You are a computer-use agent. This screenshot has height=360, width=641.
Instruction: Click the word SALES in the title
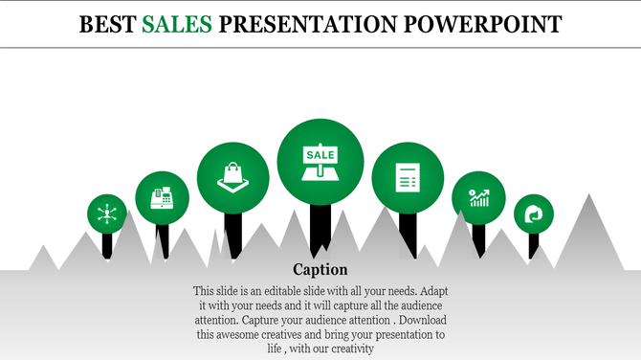(178, 22)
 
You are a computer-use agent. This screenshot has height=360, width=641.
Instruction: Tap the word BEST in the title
(108, 22)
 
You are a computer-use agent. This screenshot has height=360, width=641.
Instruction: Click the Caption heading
(320, 269)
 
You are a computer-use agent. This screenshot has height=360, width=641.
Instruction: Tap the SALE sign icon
(320, 161)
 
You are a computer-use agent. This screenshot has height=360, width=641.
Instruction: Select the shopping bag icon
(232, 177)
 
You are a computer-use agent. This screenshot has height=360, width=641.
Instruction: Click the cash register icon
(162, 198)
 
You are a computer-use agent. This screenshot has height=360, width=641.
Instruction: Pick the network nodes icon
(107, 213)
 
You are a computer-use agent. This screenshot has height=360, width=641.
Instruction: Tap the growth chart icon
(479, 198)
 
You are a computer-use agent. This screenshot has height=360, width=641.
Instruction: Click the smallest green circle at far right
(533, 214)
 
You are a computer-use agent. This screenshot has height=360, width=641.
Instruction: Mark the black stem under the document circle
(409, 235)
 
